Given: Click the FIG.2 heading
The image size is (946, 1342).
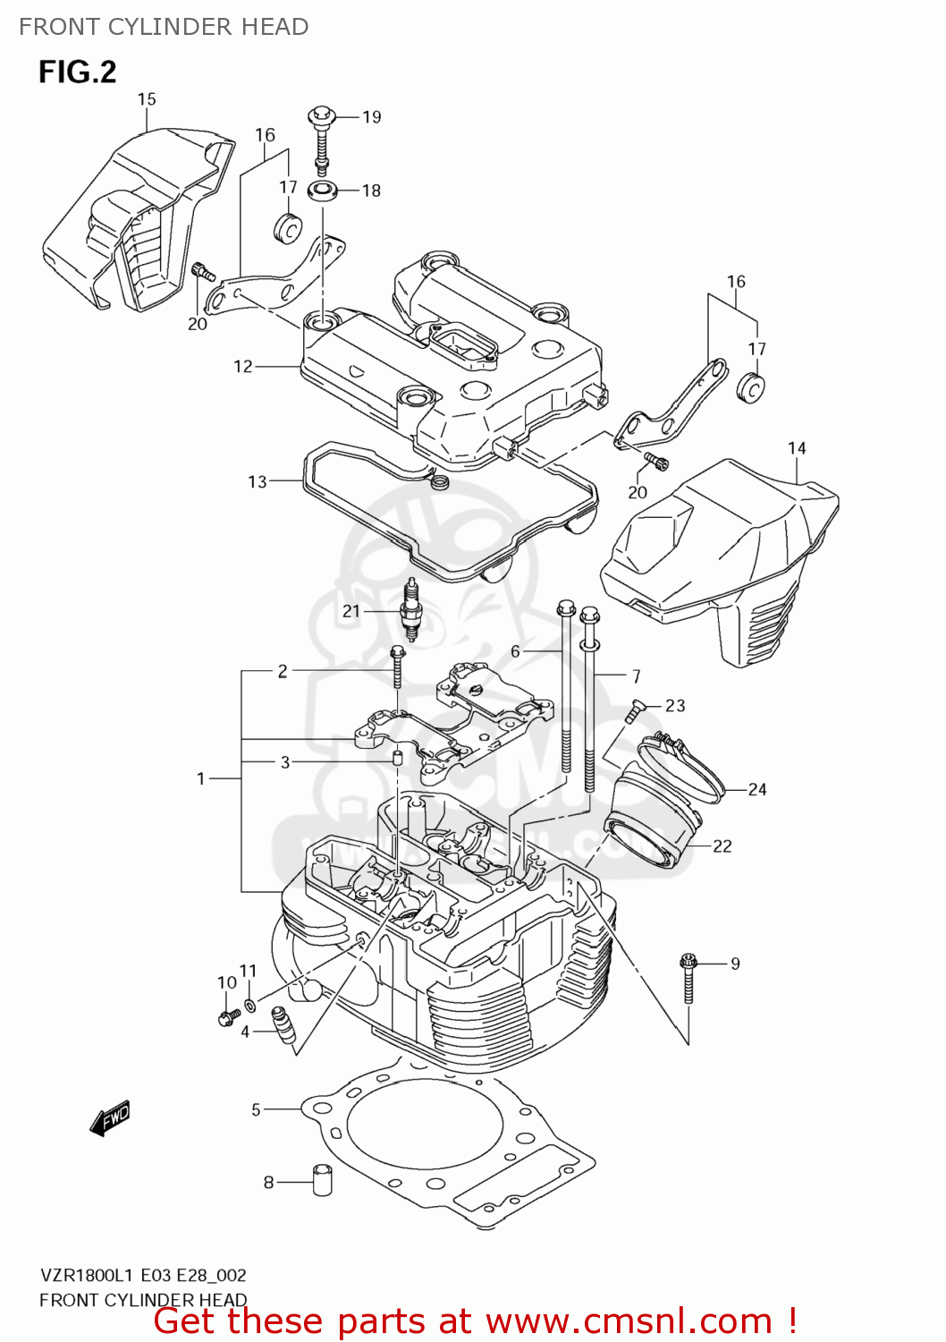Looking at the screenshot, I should pos(77,72).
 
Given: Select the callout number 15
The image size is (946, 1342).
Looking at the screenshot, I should pos(147,99).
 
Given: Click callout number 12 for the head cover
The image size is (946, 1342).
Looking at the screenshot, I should pos(243,366).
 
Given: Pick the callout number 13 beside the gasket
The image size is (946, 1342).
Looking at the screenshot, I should pos(258,482).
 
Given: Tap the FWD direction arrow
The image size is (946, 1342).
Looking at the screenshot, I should pos(110,1117).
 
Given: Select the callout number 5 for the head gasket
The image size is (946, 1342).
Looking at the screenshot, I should pos(256,1110).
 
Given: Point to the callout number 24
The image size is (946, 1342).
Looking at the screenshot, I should pos(757,789).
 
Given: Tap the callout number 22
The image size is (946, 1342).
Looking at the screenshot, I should pos(722,846).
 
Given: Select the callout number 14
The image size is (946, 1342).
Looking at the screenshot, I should pos(797,448).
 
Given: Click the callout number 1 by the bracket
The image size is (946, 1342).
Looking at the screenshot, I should pos(201,779).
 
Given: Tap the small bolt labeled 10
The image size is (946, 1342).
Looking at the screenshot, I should pos(226,1016).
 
